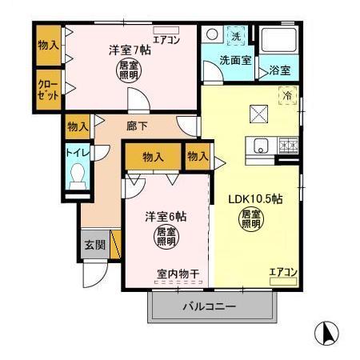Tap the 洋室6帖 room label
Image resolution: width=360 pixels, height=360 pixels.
pos(166,217)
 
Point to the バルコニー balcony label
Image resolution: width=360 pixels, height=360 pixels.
pos(208,307)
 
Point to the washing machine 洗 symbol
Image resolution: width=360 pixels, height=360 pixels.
pos(237,37)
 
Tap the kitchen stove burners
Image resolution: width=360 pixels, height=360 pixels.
pos(287,146)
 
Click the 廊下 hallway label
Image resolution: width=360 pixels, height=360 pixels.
pos(136,126)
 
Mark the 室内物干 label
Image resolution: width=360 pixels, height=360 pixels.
pos(178,274)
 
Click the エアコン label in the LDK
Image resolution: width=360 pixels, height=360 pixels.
pos(283,273)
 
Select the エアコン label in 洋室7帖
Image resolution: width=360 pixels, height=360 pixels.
pos(166,38)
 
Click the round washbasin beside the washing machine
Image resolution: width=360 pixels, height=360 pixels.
pos(213,36)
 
